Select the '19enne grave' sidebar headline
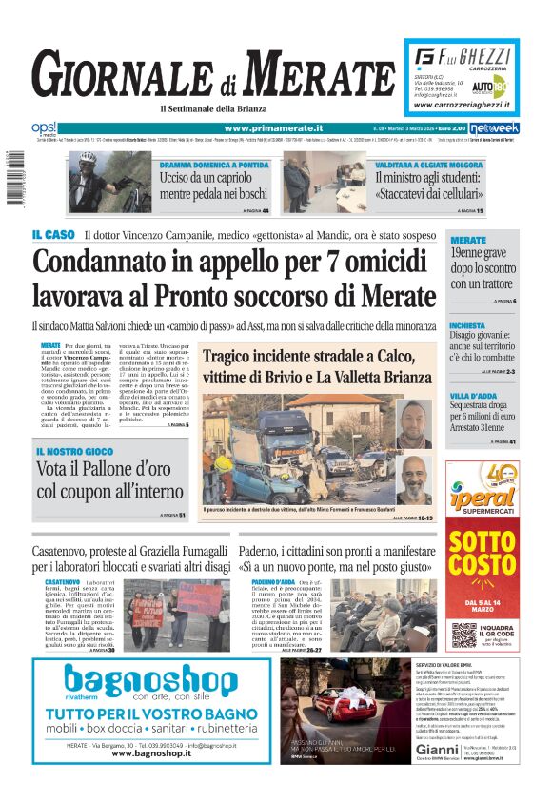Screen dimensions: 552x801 pos(481,254)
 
